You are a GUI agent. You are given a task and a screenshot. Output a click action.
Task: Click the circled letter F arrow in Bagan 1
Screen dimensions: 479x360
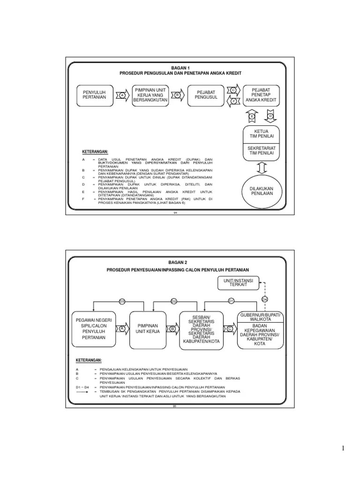tap(233, 101)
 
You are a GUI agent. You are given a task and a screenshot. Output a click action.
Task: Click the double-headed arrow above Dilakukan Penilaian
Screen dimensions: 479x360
tap(261, 167)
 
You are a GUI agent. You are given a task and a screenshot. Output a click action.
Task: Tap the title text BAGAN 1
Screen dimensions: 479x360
tap(177, 68)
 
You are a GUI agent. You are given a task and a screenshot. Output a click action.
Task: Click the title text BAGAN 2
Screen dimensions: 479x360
tap(177, 263)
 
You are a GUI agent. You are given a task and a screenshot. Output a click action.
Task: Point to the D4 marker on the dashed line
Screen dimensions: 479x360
tap(264, 299)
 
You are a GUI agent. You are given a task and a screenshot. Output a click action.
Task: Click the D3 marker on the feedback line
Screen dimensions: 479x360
tap(122, 301)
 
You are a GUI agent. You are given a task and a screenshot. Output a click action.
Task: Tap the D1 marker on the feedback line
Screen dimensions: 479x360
tap(231, 301)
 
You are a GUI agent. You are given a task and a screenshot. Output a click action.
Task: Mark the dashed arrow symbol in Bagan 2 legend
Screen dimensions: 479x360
tap(82, 392)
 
